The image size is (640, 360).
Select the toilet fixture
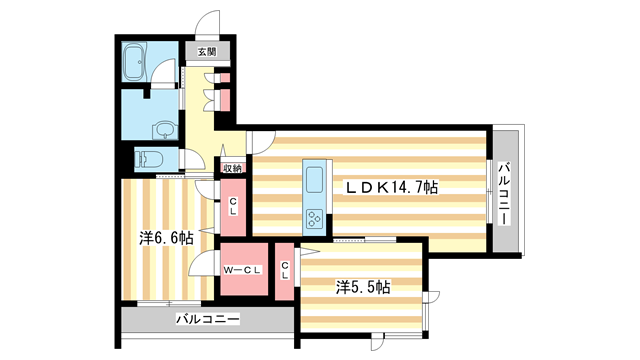pos(148,158)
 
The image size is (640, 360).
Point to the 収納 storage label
pos(232,168)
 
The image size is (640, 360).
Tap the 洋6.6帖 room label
pos(166,238)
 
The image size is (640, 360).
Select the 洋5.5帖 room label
pos(363,286)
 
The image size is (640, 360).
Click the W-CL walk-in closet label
pos(242,269)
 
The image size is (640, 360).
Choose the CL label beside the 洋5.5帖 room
pos(284,270)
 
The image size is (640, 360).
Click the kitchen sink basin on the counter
pos(313,182)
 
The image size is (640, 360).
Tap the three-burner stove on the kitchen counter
pos(314,217)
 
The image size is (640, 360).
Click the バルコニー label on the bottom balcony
pos(207,320)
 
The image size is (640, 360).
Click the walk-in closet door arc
pos(206,263)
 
